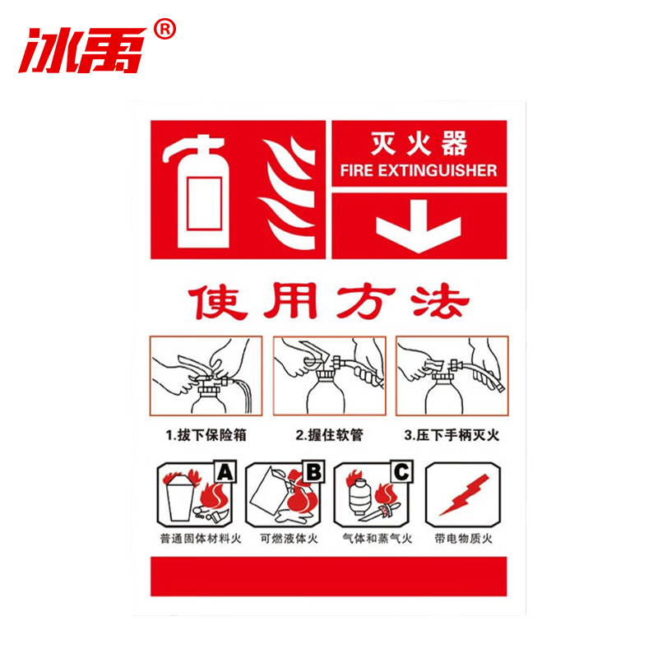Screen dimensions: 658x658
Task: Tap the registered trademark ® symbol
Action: point(164,30)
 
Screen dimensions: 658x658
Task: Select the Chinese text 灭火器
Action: point(419,146)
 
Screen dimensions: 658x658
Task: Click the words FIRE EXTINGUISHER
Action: point(419,171)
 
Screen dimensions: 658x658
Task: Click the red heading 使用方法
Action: point(328,302)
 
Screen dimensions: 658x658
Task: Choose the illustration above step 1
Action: point(206,375)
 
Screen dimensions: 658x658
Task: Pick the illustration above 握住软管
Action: point(329,375)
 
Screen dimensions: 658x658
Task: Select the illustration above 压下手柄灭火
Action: point(452,375)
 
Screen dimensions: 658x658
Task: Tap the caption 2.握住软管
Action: point(329,435)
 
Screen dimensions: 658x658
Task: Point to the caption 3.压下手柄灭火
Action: point(452,435)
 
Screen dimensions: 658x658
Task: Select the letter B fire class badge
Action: point(314,472)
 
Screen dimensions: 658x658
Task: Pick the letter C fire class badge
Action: point(401,472)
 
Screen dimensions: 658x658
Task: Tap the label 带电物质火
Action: point(463,540)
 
